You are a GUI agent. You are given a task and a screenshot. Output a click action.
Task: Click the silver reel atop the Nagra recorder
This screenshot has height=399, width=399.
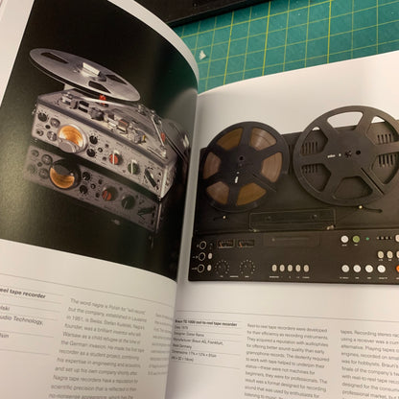82,71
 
